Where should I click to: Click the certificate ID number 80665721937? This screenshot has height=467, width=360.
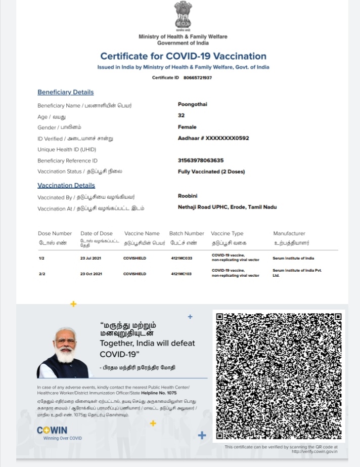pyautogui.click(x=198, y=78)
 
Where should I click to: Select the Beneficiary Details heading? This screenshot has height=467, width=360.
pyautogui.click(x=66, y=92)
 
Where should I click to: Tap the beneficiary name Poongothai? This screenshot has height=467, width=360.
pyautogui.click(x=193, y=104)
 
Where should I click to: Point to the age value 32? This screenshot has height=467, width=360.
pyautogui.click(x=181, y=115)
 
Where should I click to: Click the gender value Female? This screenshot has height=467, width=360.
pyautogui.click(x=187, y=127)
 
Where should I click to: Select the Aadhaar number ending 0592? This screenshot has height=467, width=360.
pyautogui.click(x=213, y=138)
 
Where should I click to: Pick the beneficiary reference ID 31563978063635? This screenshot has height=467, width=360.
pyautogui.click(x=201, y=160)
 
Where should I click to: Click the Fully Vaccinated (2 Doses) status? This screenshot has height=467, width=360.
pyautogui.click(x=211, y=172)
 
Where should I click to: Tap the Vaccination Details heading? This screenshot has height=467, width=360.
pyautogui.click(x=66, y=185)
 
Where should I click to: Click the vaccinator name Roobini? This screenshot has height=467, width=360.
pyautogui.click(x=187, y=196)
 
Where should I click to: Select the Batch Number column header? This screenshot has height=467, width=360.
pyautogui.click(x=187, y=233)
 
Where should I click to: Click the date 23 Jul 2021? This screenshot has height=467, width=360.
pyautogui.click(x=91, y=259)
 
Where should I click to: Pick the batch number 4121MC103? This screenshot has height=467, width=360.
pyautogui.click(x=181, y=274)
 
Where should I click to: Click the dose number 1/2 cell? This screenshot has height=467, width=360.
pyautogui.click(x=41, y=259)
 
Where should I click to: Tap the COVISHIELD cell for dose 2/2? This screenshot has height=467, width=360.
pyautogui.click(x=134, y=274)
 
